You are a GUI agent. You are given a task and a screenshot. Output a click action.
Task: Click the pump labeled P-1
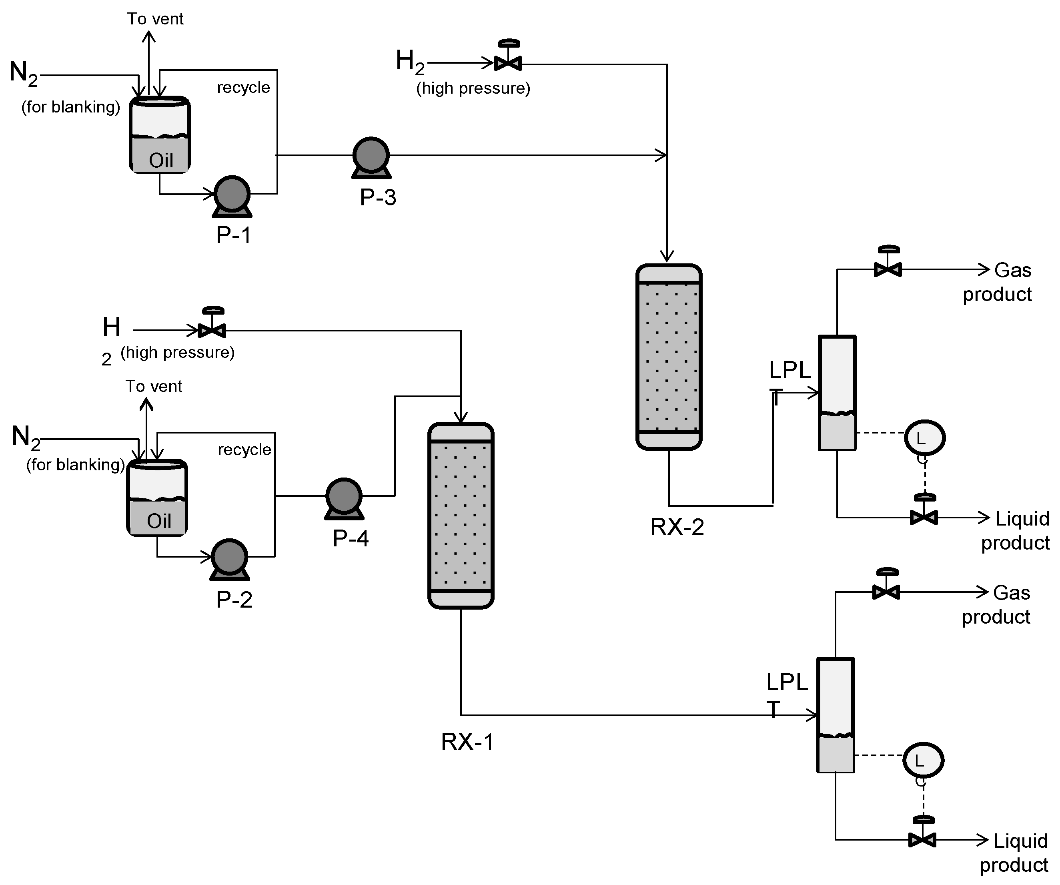pos(232,196)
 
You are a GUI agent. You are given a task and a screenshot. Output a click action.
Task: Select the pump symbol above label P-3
pos(371,157)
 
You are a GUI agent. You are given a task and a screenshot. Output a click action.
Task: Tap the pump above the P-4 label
pos(344,498)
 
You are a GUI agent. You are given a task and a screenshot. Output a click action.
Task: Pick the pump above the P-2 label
pos(230,559)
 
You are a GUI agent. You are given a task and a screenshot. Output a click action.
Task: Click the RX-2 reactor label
pos(677,527)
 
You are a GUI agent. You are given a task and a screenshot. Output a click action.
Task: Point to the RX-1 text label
pos(467,742)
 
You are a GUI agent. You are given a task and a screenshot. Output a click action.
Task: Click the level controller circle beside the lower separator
pos(923,760)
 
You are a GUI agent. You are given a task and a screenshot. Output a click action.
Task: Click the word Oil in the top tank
pos(161,161)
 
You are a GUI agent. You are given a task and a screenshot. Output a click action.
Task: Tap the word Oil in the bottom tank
pos(159,521)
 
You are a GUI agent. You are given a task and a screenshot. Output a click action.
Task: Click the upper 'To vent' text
pos(155,19)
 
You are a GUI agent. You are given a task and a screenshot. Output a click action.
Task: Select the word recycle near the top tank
pos(243,87)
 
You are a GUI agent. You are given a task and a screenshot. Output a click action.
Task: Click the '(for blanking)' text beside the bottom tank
pos(75,464)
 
